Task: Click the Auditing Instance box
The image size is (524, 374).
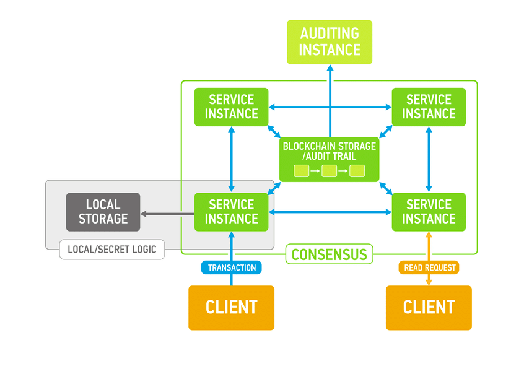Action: pyautogui.click(x=329, y=42)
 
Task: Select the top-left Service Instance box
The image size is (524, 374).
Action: pyautogui.click(x=231, y=107)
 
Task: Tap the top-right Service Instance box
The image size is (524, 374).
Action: pyautogui.click(x=429, y=107)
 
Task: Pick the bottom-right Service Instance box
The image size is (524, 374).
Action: pyautogui.click(x=429, y=212)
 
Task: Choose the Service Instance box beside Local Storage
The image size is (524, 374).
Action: pyautogui.click(x=231, y=212)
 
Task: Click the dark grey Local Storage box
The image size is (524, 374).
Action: pyautogui.click(x=103, y=212)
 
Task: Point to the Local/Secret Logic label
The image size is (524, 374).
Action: pyautogui.click(x=112, y=250)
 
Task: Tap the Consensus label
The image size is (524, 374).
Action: pyautogui.click(x=329, y=254)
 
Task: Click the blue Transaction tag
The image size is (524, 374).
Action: pyautogui.click(x=232, y=267)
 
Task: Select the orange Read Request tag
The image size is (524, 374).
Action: pyautogui.click(x=429, y=267)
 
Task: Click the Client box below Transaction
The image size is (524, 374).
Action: pyautogui.click(x=231, y=307)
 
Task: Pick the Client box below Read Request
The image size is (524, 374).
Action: pyautogui.click(x=429, y=307)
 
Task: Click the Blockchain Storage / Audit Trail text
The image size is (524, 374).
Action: pyautogui.click(x=329, y=150)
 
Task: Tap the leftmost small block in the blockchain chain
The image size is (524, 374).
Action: pyautogui.click(x=301, y=171)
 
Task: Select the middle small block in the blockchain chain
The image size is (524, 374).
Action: pyautogui.click(x=329, y=171)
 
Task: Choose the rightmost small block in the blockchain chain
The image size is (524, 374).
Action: pyautogui.click(x=357, y=171)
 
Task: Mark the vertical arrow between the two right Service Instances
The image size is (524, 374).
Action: pyautogui.click(x=429, y=159)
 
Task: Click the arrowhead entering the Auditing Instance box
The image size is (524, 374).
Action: pyautogui.click(x=330, y=67)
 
